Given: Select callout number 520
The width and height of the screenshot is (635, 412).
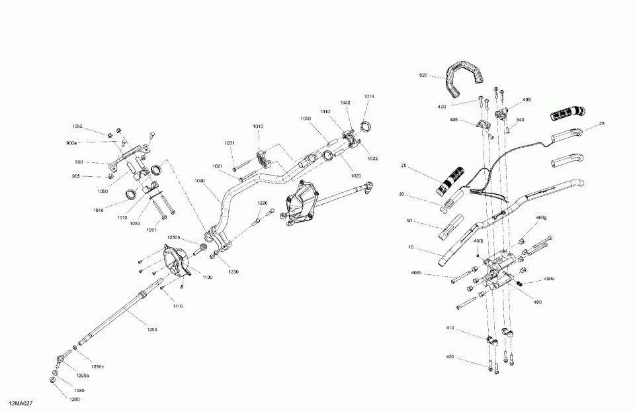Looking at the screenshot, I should coord(424,76).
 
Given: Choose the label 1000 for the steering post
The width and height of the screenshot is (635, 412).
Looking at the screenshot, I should coord(200,180).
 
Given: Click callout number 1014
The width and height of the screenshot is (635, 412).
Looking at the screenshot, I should coord(368,97).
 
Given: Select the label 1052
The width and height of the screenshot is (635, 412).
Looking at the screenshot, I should coord(77,127).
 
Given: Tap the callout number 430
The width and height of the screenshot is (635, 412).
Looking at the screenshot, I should coord(450,357).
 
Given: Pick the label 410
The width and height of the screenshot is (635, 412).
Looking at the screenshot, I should coord(450,328).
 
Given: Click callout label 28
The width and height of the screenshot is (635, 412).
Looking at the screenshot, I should coord(601,123).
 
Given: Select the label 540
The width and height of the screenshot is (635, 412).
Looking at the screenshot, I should coord(520,120).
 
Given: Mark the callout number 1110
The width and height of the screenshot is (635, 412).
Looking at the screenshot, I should coord(178,305).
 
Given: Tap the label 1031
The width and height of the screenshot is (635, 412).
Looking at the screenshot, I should coord(229,143).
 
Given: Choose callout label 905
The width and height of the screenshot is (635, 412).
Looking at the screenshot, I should coord(76,176).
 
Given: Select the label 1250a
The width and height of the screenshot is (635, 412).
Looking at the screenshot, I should coord(83,376).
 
